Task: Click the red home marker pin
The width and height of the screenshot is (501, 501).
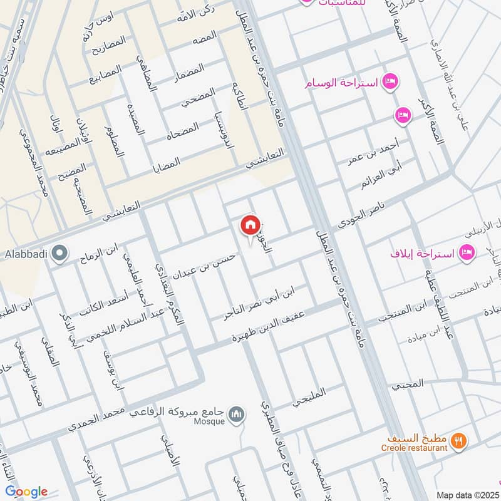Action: (x=250, y=225)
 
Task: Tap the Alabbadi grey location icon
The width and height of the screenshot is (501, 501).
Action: (x=59, y=254)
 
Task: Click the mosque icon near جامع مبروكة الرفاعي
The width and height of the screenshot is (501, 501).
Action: (x=236, y=415)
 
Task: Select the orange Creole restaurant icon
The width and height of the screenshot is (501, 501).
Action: (x=459, y=440)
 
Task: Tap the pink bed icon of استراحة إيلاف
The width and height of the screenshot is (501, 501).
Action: (x=466, y=253)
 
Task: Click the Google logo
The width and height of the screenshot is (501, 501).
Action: (x=26, y=492)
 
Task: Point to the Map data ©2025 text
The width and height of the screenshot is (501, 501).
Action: (x=467, y=495)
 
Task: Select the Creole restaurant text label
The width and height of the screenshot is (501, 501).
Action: (x=414, y=448)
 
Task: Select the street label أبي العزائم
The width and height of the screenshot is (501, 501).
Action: (x=381, y=176)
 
